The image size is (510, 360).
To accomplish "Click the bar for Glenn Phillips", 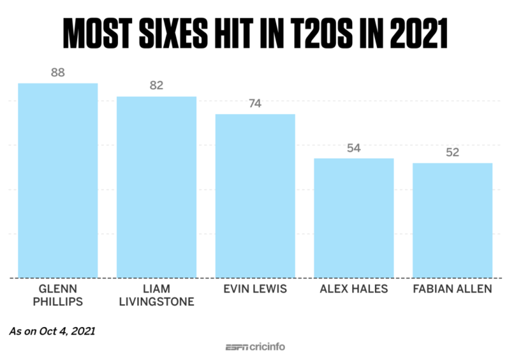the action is point(58,181).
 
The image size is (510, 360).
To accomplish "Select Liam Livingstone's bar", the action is point(156,187).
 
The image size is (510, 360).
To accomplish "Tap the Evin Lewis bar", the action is point(256,196).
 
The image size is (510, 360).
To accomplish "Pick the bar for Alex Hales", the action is point(354,218).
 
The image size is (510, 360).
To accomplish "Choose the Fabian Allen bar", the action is point(453,220).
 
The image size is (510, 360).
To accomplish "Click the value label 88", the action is point(58,73).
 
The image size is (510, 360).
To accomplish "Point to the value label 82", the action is point(156,85).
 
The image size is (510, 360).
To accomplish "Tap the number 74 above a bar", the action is point(256,104).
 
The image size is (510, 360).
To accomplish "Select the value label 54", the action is point(354,148).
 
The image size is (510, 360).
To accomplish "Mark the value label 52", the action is point(453,152).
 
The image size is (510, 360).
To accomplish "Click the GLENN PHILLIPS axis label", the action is point(58,295).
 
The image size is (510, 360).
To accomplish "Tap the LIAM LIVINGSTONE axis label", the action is point(156,295).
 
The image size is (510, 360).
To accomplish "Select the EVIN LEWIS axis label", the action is point(256,289).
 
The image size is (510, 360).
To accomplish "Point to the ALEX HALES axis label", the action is point(354,289).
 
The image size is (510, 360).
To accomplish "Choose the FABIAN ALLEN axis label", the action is point(453,289).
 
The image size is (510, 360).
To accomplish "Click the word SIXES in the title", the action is point(173,33).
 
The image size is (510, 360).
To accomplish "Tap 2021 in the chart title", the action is point(419,33).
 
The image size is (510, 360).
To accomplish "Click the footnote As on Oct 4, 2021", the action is point(52,331).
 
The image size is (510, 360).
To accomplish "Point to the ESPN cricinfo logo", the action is point(256,347).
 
